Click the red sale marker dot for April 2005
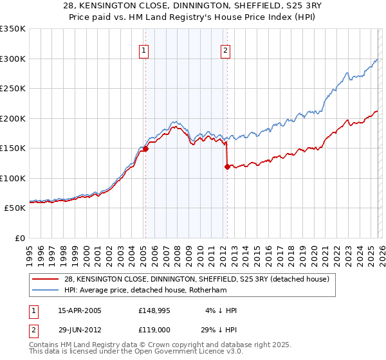pos(145,148)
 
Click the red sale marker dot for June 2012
pos(227,166)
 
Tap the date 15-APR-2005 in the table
pos(80,310)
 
